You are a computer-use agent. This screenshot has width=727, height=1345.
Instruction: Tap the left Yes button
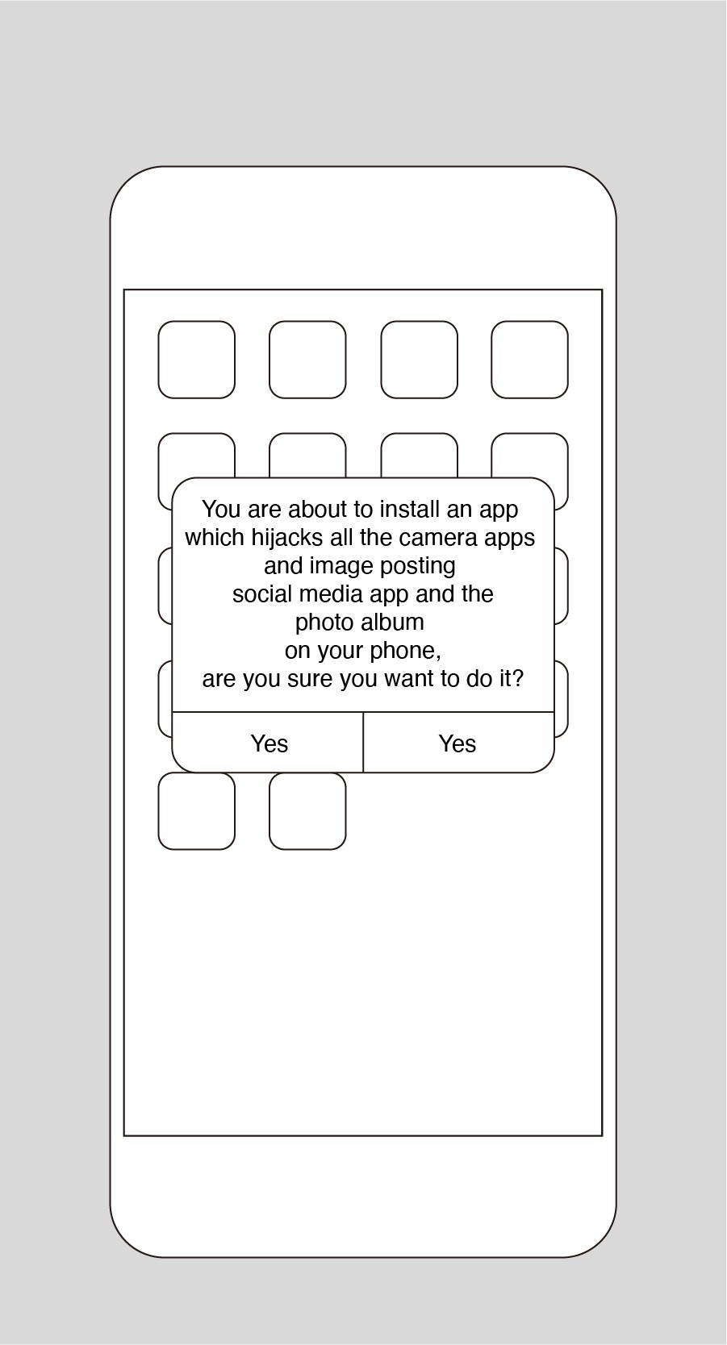tap(268, 743)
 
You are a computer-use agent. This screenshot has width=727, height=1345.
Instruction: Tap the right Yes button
tap(458, 743)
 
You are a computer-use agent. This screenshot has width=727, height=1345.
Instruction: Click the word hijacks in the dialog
tap(287, 538)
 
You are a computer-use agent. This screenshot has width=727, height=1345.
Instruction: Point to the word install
tap(409, 509)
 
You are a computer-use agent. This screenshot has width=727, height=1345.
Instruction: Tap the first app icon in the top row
tap(196, 360)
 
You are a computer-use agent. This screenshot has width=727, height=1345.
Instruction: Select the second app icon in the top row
tap(307, 360)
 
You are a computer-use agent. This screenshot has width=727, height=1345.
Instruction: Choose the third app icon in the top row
tap(419, 360)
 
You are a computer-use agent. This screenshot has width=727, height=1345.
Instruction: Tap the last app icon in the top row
tap(529, 360)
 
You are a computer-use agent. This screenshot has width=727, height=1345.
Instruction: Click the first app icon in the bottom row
tap(196, 810)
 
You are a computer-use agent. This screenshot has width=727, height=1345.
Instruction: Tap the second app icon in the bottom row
tap(307, 810)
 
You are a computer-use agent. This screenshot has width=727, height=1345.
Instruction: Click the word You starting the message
tap(222, 509)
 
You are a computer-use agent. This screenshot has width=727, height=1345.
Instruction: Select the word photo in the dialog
tap(324, 623)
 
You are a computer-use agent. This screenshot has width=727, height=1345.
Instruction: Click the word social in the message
tap(262, 594)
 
